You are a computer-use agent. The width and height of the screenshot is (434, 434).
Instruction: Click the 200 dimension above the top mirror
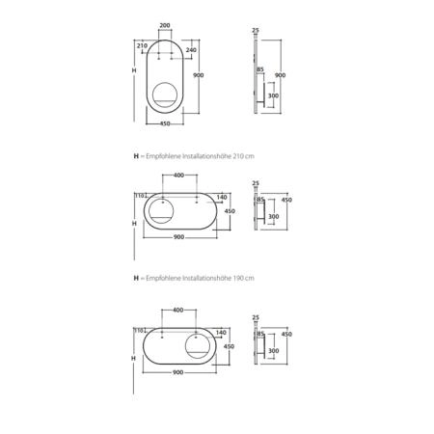tap(165, 25)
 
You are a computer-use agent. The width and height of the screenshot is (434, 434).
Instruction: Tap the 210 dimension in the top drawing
tap(142, 45)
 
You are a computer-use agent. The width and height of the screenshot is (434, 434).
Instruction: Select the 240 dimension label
tap(191, 50)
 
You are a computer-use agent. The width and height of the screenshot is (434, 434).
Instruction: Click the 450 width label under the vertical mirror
tap(165, 123)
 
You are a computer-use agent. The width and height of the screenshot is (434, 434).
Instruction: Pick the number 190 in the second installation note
tap(237, 278)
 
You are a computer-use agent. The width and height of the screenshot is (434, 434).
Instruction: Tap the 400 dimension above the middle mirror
tap(178, 176)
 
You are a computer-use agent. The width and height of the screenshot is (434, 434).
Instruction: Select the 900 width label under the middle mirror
tap(178, 237)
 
